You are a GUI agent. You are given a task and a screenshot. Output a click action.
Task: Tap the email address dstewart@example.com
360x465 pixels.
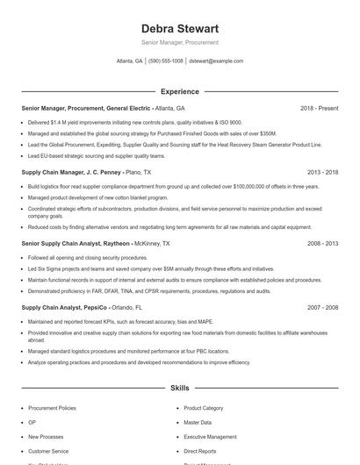click(x=216, y=61)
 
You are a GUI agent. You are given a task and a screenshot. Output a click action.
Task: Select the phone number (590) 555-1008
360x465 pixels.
click(x=166, y=61)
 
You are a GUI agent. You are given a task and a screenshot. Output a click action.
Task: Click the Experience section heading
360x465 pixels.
click(x=179, y=91)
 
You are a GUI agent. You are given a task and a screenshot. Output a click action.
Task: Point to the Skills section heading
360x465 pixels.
click(x=179, y=387)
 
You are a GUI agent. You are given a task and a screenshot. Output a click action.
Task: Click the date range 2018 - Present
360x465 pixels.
click(x=319, y=108)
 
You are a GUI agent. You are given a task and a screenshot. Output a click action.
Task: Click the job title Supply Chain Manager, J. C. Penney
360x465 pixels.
click(x=71, y=173)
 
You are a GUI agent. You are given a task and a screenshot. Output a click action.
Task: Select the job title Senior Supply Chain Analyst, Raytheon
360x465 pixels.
click(x=76, y=243)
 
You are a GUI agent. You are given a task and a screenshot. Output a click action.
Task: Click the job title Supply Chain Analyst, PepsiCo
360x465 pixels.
click(x=64, y=308)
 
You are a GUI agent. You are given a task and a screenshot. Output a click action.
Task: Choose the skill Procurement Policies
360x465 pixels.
click(x=52, y=408)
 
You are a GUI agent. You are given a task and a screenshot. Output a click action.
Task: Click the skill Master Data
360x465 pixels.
click(x=198, y=422)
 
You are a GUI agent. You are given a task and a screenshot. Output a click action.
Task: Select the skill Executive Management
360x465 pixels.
click(x=210, y=436)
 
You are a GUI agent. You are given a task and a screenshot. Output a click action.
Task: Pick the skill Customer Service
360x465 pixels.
click(x=48, y=450)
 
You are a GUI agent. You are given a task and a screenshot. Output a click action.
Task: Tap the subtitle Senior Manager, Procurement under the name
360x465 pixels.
click(x=179, y=42)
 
